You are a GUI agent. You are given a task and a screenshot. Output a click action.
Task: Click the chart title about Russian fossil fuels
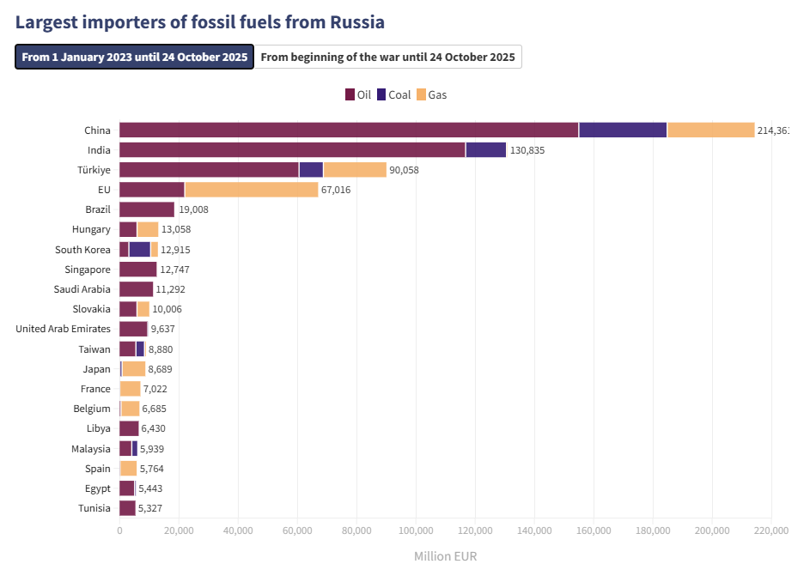(x=199, y=21)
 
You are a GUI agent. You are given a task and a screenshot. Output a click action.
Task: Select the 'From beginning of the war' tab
(x=387, y=58)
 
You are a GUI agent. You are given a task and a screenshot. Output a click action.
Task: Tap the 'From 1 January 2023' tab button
(x=135, y=58)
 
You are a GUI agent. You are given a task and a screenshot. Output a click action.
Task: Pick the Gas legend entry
(x=431, y=94)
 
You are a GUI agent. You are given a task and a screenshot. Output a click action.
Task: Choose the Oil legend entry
(x=357, y=94)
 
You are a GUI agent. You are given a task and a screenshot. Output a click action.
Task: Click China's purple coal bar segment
(x=623, y=130)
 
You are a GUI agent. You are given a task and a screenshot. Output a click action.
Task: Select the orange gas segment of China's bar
(x=710, y=130)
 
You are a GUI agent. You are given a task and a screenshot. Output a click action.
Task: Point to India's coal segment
(x=485, y=150)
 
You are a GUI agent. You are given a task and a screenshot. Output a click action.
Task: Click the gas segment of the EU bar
(x=251, y=190)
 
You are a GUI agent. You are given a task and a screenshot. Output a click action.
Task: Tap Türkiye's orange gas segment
(x=355, y=170)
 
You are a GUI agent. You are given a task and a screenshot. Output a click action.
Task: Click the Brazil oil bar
(x=147, y=209)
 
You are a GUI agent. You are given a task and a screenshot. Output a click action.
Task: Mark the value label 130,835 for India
(x=527, y=150)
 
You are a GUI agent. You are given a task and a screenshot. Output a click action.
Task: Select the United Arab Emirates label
(x=63, y=329)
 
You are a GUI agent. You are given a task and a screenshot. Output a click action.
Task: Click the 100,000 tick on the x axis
(x=416, y=531)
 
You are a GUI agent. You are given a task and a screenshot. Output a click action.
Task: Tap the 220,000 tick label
(x=770, y=531)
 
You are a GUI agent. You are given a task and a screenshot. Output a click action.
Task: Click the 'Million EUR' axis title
(x=445, y=556)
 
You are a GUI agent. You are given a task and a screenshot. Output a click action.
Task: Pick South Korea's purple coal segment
(x=139, y=249)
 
